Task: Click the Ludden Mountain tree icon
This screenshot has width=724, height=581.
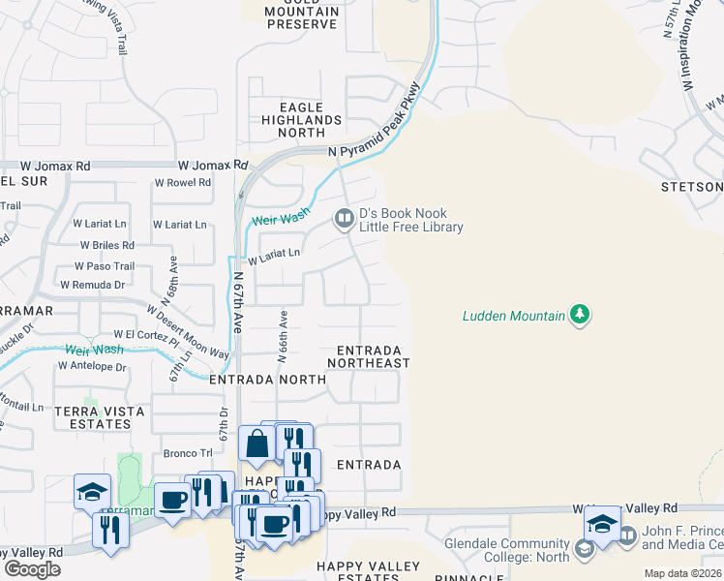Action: [580, 314]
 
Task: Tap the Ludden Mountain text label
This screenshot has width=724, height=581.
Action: [513, 315]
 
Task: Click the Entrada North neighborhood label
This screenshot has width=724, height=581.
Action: [268, 381]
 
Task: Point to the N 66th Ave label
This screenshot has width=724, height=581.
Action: [283, 336]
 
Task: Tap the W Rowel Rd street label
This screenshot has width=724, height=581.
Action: [183, 183]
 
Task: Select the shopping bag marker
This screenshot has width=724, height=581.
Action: [256, 444]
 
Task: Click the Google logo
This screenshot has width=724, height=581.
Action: [32, 569]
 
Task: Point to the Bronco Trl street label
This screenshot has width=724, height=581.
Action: [188, 453]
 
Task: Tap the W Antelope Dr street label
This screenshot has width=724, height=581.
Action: [92, 367]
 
